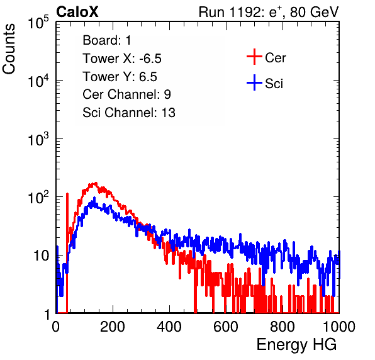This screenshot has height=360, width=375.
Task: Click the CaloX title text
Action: [77, 12]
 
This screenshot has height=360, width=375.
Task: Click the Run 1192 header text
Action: [269, 12]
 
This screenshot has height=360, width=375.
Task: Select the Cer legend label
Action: [275, 58]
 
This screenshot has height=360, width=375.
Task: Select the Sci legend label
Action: [274, 84]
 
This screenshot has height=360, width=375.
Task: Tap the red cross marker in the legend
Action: [254, 57]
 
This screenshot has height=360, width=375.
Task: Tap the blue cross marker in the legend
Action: [254, 82]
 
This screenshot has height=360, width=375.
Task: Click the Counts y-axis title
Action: [9, 49]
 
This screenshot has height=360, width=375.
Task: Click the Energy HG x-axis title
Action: [296, 344]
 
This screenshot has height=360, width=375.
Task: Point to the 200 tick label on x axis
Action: [113, 326]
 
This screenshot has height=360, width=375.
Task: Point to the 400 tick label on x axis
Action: [169, 326]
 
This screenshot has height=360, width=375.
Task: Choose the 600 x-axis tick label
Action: [226, 326]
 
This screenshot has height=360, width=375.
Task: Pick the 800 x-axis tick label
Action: [283, 326]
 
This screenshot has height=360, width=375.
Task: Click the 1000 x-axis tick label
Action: [339, 326]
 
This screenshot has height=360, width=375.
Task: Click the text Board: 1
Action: [107, 40]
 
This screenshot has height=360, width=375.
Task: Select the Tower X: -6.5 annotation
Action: [122, 58]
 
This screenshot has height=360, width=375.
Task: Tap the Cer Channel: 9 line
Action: [126, 94]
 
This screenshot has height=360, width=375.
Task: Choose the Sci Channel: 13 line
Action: [129, 113]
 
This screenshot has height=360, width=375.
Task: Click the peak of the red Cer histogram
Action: [95, 183]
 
